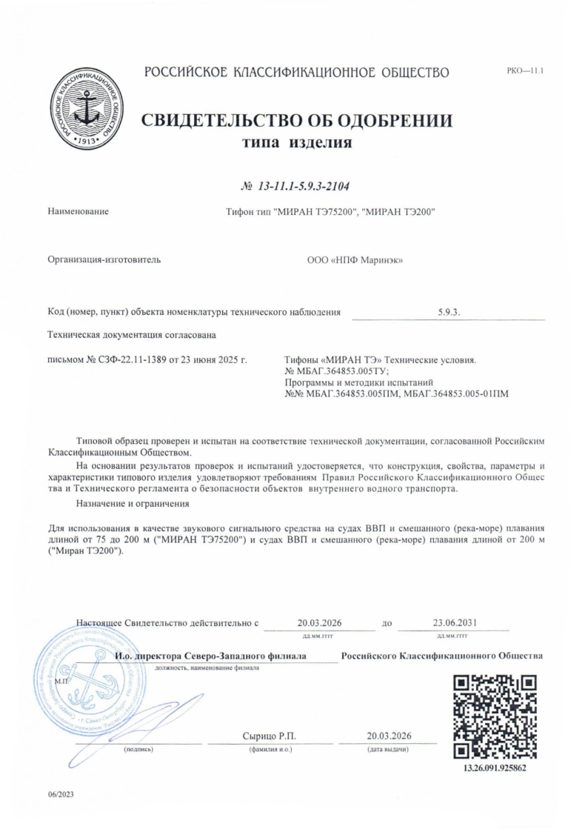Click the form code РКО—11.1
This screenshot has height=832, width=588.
pos(525,72)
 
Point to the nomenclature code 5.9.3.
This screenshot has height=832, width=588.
pos(449,313)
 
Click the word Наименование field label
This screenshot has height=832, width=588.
pos(78,212)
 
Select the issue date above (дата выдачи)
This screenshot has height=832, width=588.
pos(389,736)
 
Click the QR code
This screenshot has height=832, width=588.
pos(494,716)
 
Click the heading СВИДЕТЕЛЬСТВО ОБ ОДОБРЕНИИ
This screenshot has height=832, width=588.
pos(296,122)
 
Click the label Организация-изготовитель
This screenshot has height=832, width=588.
pos(104,260)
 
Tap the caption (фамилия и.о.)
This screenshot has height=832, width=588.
pos(271,749)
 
